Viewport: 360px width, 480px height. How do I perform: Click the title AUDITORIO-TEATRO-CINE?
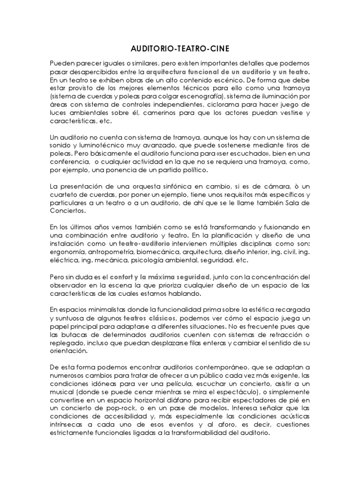pos(180,49)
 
